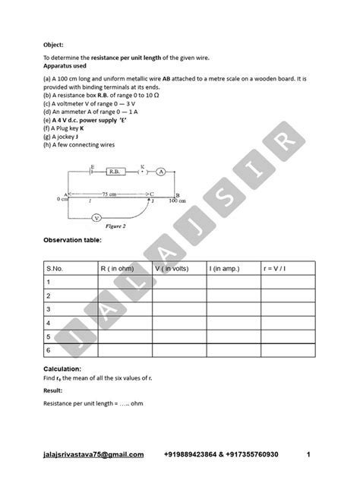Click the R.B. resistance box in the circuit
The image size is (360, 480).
pos(115,172)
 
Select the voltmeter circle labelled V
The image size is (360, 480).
pos(96,217)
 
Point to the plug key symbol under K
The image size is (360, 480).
pos(142,172)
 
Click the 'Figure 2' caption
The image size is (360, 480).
pos(113,226)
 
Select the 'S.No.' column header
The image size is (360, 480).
pos(57,268)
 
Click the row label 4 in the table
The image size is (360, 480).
pos(49,323)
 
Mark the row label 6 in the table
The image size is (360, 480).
pos(49,350)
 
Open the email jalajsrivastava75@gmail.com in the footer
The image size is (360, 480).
pos(93,455)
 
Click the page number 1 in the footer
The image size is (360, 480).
pos(309,455)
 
